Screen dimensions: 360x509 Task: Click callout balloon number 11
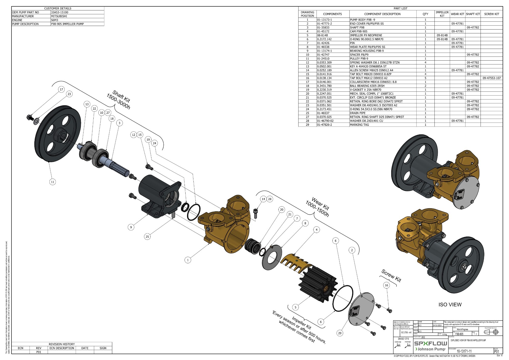(x=52, y=182)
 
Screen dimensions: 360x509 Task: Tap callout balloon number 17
(x=61, y=89)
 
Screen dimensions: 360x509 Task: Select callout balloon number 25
(x=147, y=237)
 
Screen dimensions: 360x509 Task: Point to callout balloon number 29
(x=340, y=333)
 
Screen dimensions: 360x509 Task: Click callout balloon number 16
(x=386, y=285)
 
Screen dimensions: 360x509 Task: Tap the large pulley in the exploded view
(x=58, y=133)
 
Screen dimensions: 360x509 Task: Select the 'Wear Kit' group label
(x=317, y=207)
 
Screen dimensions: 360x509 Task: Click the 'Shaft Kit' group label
(x=118, y=100)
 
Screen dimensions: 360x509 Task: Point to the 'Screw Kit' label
(x=391, y=276)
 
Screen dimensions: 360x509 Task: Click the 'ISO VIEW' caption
(x=450, y=304)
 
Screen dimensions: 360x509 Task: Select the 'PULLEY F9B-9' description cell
(x=359, y=59)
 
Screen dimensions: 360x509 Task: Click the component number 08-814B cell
(x=322, y=35)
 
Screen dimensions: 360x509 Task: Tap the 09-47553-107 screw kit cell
(x=491, y=78)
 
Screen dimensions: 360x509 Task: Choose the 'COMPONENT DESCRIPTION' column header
(x=382, y=14)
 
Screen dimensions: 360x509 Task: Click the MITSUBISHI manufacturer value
(x=59, y=16)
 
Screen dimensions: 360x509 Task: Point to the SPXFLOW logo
(x=431, y=343)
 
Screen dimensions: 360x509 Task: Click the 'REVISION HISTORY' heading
(x=62, y=344)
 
